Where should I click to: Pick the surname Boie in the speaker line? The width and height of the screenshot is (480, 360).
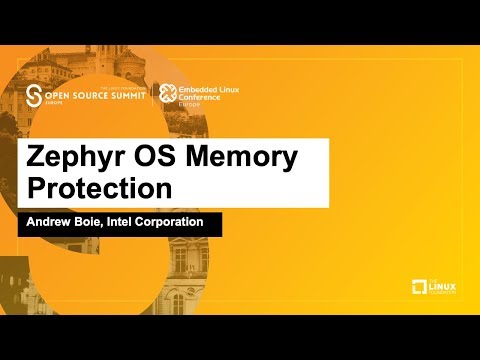pos(98,222)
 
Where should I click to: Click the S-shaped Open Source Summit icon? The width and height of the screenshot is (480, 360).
pos(35,97)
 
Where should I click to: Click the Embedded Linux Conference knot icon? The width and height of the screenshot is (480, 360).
pos(167,94)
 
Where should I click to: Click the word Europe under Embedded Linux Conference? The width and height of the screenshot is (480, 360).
pos(189,106)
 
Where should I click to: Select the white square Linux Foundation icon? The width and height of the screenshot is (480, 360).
pos(419,288)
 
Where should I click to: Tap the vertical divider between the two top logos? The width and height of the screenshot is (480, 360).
pos(153,96)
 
